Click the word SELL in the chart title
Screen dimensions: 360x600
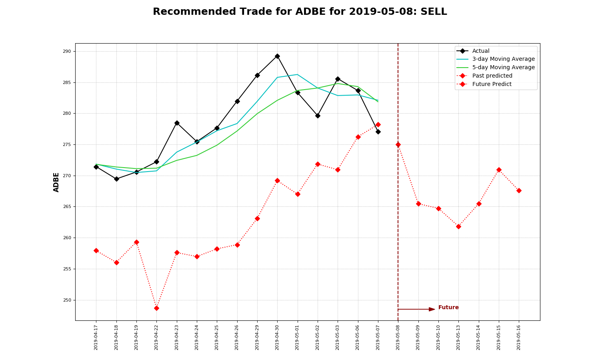(x=433, y=12)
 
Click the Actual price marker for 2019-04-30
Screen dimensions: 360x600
(x=277, y=56)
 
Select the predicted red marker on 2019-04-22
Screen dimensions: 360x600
(x=156, y=308)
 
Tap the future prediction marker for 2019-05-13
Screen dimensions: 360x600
(x=458, y=226)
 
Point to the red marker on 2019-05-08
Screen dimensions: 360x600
(x=398, y=144)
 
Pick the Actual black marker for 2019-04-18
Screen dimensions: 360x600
(x=116, y=179)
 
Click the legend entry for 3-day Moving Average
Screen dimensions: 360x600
(x=503, y=59)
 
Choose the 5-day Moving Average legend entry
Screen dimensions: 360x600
(x=503, y=68)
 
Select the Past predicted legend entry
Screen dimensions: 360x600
(x=492, y=76)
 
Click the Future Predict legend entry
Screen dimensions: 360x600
(x=492, y=84)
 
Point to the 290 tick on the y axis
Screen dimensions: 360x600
(x=66, y=52)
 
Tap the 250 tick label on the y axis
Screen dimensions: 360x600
(x=66, y=300)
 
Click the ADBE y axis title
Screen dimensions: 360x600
(x=56, y=182)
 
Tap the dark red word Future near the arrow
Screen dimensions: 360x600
(x=448, y=308)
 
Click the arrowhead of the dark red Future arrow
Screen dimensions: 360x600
(x=432, y=309)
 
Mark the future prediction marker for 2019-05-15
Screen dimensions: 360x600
(x=499, y=170)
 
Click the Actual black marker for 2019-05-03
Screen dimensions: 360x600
(x=338, y=79)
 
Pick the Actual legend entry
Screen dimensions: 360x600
(x=480, y=51)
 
